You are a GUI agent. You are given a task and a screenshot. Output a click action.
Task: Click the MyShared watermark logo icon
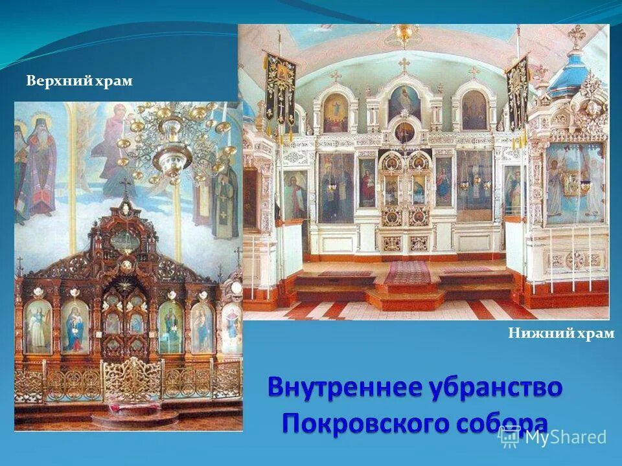pyautogui.click(x=510, y=437)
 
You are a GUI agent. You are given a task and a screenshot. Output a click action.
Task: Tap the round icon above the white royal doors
pyautogui.click(x=405, y=132)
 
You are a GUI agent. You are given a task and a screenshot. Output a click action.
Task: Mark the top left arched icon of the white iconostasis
pyautogui.click(x=336, y=111)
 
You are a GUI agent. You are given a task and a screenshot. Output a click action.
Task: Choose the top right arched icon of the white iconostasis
pyautogui.click(x=474, y=110)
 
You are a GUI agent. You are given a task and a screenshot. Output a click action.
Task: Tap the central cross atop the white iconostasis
pyautogui.click(x=404, y=63)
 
